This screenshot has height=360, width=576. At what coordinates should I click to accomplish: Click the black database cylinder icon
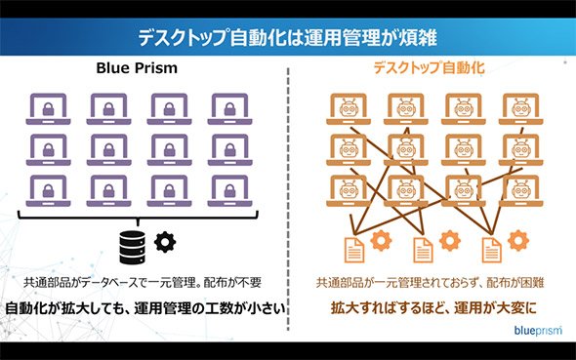coord(132,248)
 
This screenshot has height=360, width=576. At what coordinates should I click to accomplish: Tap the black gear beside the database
coord(165,242)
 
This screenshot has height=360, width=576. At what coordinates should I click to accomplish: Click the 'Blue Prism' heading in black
coord(137,68)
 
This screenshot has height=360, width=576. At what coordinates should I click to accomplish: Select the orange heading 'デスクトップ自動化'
coord(429,67)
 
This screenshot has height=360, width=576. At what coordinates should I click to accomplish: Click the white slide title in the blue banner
coord(288,37)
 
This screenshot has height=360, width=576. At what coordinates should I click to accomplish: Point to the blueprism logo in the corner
coord(538,331)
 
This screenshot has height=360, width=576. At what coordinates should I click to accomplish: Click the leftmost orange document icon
coord(353,250)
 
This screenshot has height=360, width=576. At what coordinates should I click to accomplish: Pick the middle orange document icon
coord(423,250)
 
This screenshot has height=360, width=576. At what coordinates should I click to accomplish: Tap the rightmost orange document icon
coord(491,250)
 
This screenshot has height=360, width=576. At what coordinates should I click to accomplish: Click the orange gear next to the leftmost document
coord(381,240)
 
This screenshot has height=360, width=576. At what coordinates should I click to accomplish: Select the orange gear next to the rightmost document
coord(518,240)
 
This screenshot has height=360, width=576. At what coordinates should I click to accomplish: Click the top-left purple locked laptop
coord(48,109)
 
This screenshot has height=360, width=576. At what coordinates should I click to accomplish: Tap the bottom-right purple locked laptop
coord(230,191)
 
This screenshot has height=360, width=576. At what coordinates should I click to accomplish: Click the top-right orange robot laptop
coord(521,109)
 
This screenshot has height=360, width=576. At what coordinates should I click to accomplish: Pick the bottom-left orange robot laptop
coord(349,191)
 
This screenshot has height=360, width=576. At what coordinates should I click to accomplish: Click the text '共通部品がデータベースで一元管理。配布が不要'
coord(143,283)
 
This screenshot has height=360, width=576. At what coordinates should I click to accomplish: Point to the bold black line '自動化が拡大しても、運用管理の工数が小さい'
coord(145,308)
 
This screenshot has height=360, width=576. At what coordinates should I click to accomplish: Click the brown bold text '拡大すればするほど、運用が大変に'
coord(433,308)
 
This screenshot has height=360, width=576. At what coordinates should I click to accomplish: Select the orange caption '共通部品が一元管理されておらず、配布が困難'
coord(431,283)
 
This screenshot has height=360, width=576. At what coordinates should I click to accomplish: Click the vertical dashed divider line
coord(288,199)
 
